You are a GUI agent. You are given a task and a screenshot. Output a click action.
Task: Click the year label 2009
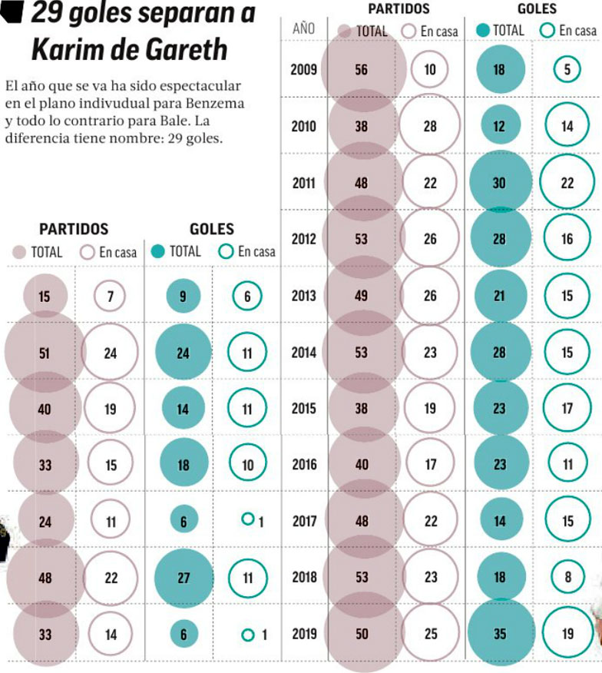click(x=303, y=69)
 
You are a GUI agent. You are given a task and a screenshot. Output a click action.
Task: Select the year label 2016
click(x=303, y=465)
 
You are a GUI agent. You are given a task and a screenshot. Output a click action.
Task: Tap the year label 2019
click(x=303, y=634)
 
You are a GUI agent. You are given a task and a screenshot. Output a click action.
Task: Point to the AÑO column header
click(x=304, y=29)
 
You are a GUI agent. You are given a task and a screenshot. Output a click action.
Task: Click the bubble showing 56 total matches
click(x=362, y=69)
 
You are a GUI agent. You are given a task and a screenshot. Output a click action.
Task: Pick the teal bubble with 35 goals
click(x=499, y=634)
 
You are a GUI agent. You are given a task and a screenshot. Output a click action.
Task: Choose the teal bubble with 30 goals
click(x=499, y=183)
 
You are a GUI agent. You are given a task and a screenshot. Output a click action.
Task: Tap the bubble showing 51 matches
click(x=44, y=353)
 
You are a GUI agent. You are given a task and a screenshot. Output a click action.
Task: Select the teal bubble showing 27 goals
click(x=184, y=578)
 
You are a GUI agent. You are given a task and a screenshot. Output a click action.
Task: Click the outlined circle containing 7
click(x=111, y=296)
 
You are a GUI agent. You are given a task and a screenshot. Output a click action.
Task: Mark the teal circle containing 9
click(x=183, y=296)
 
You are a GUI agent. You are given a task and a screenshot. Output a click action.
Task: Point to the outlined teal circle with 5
click(x=567, y=70)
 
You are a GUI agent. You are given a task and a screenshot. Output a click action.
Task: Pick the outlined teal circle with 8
click(x=567, y=578)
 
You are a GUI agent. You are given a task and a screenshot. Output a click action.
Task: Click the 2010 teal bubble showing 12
click(x=499, y=126)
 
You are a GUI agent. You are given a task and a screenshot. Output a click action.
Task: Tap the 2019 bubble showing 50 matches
click(x=362, y=634)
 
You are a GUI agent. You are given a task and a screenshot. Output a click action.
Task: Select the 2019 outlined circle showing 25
click(x=430, y=634)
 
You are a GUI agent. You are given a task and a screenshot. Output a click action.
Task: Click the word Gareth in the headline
click(x=184, y=49)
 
